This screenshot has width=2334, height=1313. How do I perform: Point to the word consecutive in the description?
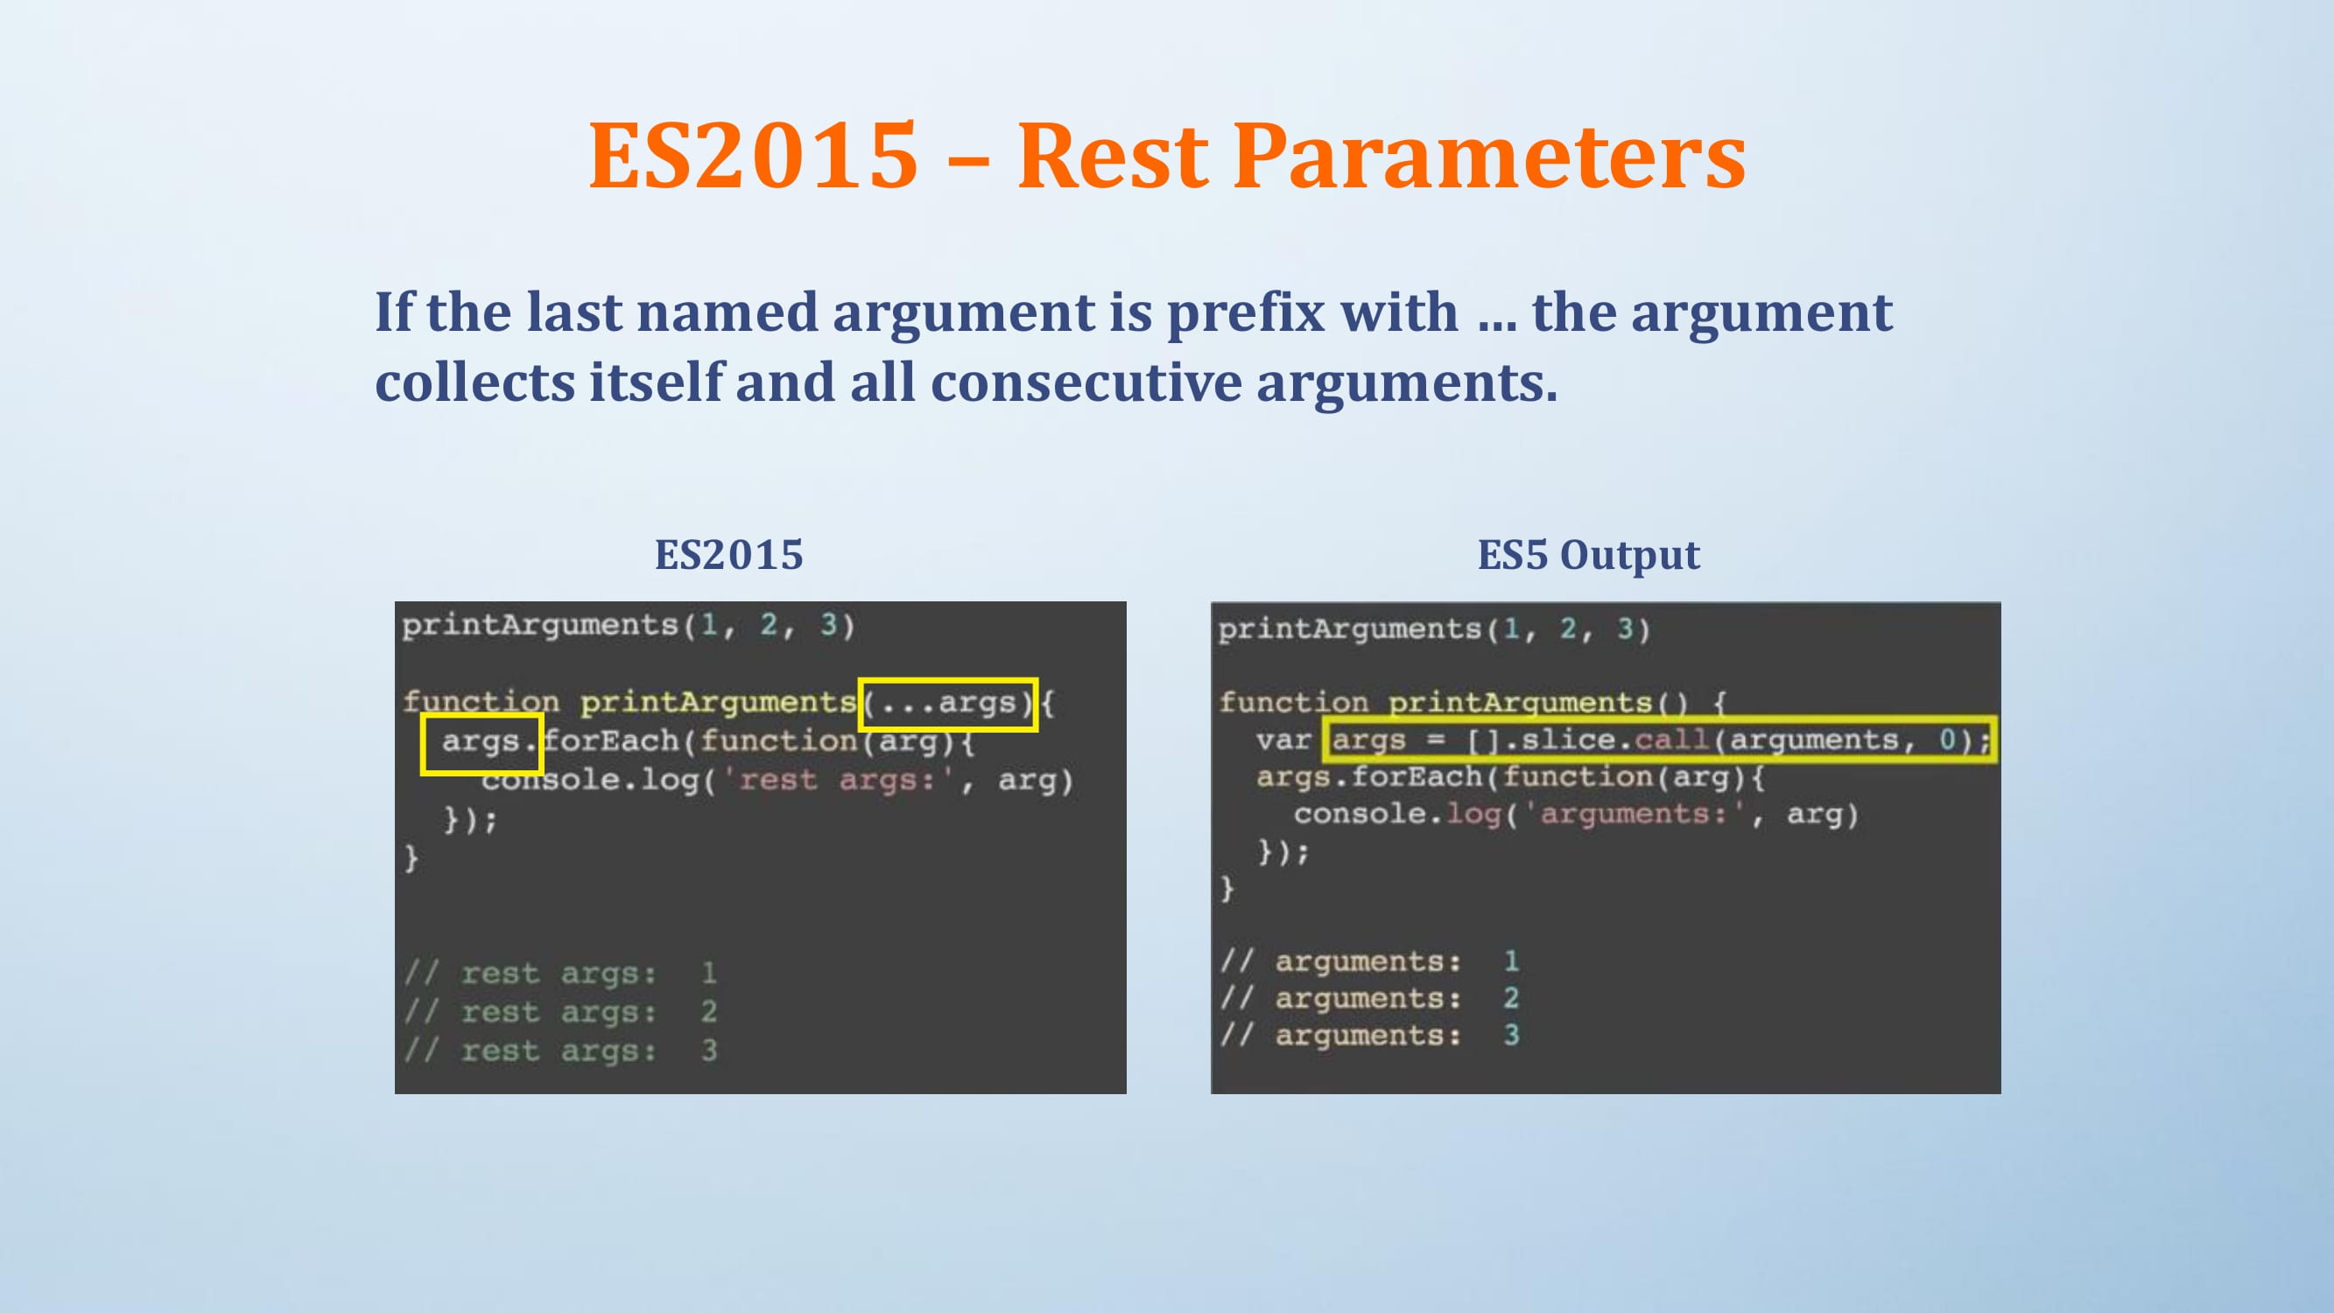click(x=1086, y=383)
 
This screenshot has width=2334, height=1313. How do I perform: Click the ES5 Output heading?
click(x=1588, y=555)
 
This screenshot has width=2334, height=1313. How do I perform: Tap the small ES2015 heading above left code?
click(x=729, y=555)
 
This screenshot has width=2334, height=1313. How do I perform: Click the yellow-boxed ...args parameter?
click(x=948, y=703)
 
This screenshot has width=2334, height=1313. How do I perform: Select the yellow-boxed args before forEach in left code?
click(x=482, y=743)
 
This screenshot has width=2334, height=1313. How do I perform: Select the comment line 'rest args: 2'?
click(x=561, y=1012)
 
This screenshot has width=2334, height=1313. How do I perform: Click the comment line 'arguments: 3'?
click(x=1370, y=1035)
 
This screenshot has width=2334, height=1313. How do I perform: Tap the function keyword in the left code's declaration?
click(x=482, y=702)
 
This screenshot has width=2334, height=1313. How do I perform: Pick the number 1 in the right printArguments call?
click(x=1511, y=628)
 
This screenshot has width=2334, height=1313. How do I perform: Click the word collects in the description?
click(x=475, y=383)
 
